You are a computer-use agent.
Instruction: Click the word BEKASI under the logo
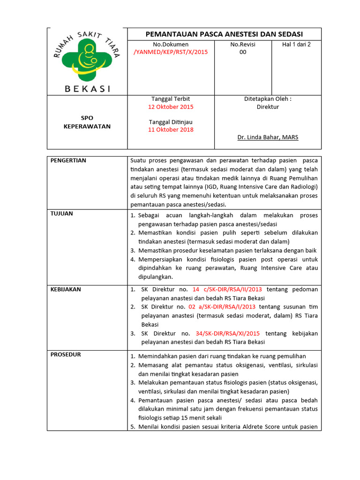tap(87, 88)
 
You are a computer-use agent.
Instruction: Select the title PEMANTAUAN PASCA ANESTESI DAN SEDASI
tap(224, 34)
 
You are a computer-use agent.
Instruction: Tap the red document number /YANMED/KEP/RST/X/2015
tap(171, 52)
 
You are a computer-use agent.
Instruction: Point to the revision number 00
tap(242, 52)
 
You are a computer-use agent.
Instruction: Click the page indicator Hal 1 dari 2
tap(296, 45)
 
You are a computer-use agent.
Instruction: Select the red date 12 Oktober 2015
tap(171, 106)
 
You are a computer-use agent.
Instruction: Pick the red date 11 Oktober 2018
tap(171, 130)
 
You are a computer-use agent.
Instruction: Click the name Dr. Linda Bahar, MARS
tap(268, 137)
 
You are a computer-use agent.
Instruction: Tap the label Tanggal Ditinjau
tap(171, 122)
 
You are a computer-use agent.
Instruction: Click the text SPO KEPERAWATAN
tap(87, 122)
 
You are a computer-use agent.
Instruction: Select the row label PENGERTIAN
tap(68, 160)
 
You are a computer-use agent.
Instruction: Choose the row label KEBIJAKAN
tap(66, 289)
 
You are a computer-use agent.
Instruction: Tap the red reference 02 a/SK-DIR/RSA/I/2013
tap(222, 307)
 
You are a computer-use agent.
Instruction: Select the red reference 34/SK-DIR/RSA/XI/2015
tap(227, 333)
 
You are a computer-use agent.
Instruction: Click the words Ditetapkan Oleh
tap(268, 99)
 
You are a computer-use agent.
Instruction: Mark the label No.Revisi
tap(242, 45)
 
